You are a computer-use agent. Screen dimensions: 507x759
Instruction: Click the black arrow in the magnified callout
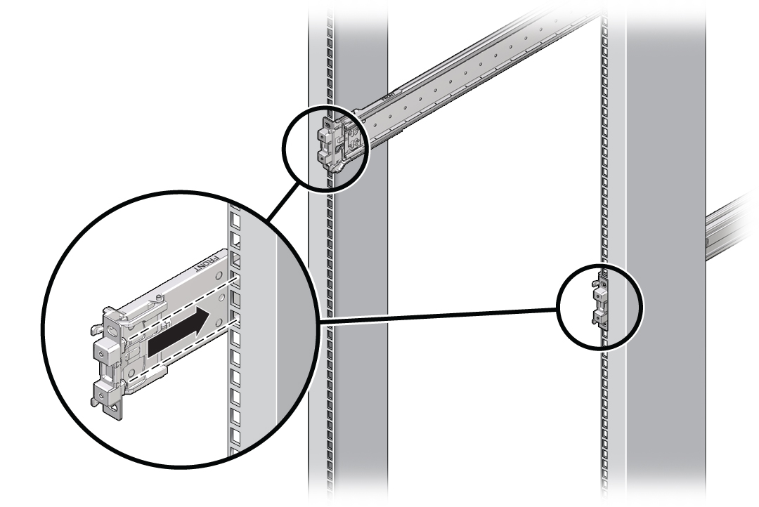coord(180,336)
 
